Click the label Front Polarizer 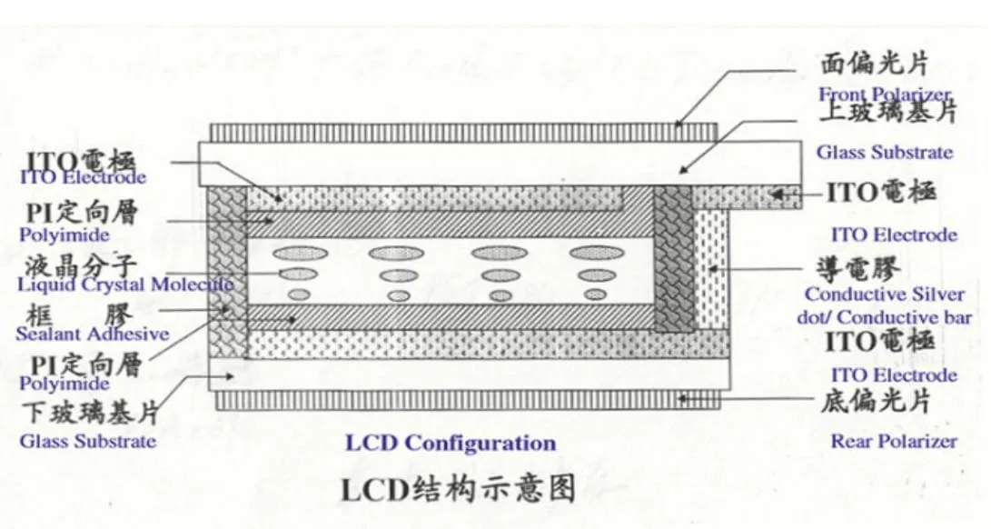885,94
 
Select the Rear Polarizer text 894,441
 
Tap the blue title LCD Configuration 450,444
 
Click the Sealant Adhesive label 92,334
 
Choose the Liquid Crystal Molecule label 125,284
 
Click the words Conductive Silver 884,294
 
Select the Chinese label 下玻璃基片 89,414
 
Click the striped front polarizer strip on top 463,132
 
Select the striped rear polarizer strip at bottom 463,400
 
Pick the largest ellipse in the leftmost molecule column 304,253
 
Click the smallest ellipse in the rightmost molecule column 596,294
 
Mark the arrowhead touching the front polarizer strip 679,125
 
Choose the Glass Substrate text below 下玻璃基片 87,442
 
